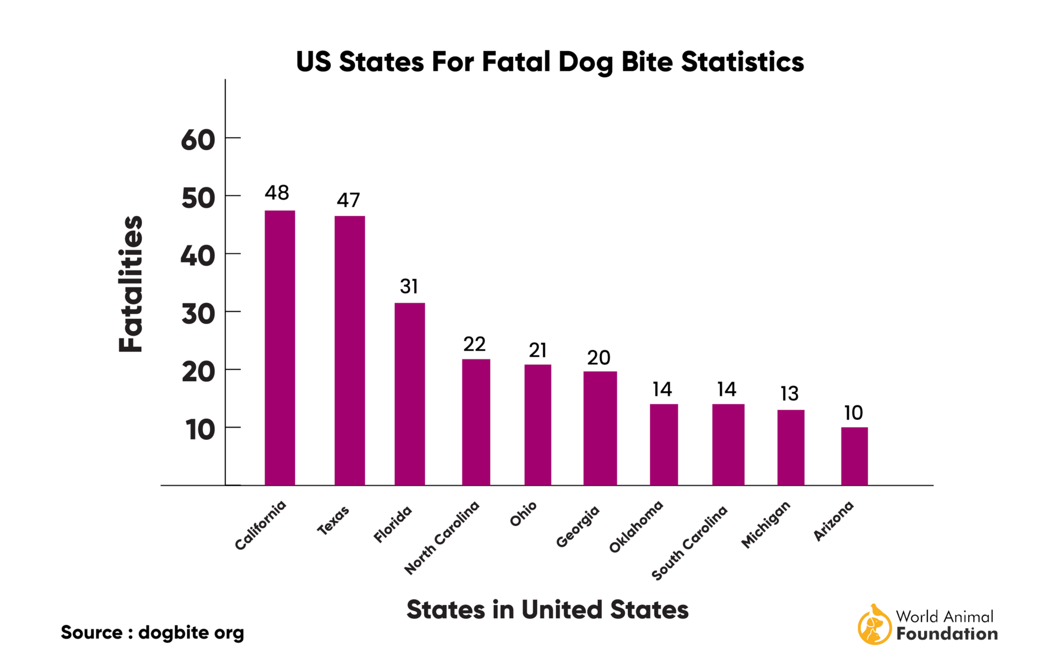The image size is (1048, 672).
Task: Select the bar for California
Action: pos(279,348)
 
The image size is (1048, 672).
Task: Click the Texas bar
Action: pos(350,350)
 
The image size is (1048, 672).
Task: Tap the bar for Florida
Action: pos(409,394)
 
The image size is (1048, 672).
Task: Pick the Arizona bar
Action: pos(854,456)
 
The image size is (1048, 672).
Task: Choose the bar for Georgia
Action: pos(600,428)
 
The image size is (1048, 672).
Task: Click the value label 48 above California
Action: pos(277,193)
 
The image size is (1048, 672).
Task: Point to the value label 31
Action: pos(409,286)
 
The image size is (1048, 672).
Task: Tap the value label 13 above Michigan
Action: pos(789,394)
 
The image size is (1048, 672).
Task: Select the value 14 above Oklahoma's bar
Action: pos(662,390)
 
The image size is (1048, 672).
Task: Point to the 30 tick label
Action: pos(198,314)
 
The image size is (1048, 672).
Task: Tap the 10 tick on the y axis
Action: pos(200,430)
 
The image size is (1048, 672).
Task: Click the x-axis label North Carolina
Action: pos(442,537)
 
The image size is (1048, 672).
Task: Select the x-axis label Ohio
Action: pos(523,514)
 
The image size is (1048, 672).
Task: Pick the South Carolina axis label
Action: pos(689,543)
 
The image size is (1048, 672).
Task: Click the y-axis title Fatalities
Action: pos(130,284)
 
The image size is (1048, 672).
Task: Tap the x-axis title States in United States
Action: pos(547,610)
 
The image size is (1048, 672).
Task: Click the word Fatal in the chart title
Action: pos(516,62)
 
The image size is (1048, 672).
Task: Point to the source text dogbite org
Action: pos(191,633)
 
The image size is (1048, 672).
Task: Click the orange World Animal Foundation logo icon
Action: pos(874,625)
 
